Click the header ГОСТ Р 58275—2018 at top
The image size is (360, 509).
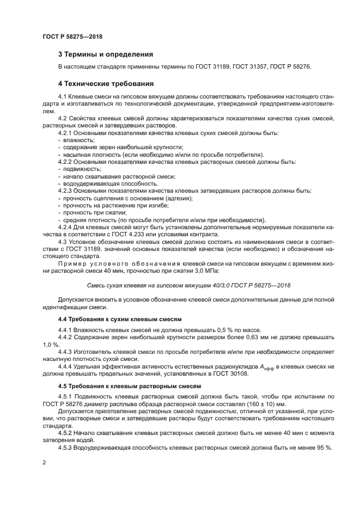point(72,36)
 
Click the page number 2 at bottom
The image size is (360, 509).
point(45,462)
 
